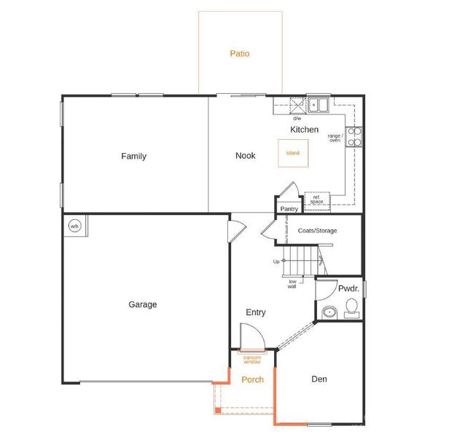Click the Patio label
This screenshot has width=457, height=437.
pos(240,53)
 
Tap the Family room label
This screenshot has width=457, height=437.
pos(133,156)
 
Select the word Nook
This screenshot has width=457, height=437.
pos(245,156)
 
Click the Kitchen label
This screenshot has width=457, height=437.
pos(304,130)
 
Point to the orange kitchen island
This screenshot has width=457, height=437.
pos(292,153)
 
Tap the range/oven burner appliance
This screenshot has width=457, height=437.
pos(354,136)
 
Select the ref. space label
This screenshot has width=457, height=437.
pos(317,199)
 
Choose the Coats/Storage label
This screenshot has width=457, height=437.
pos(317,231)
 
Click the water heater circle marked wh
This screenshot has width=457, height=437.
pos(74,226)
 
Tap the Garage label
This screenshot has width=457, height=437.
pos(142,304)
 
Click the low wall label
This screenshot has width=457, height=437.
pos(292,284)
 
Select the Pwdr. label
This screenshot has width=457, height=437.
pos(348,289)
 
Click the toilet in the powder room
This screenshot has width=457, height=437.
pos(351,312)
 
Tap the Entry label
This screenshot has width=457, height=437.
pos(255,312)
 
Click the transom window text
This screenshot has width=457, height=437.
pos(252,359)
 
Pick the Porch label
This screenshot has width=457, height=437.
pos(252,379)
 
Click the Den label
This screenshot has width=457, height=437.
pos(319,379)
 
